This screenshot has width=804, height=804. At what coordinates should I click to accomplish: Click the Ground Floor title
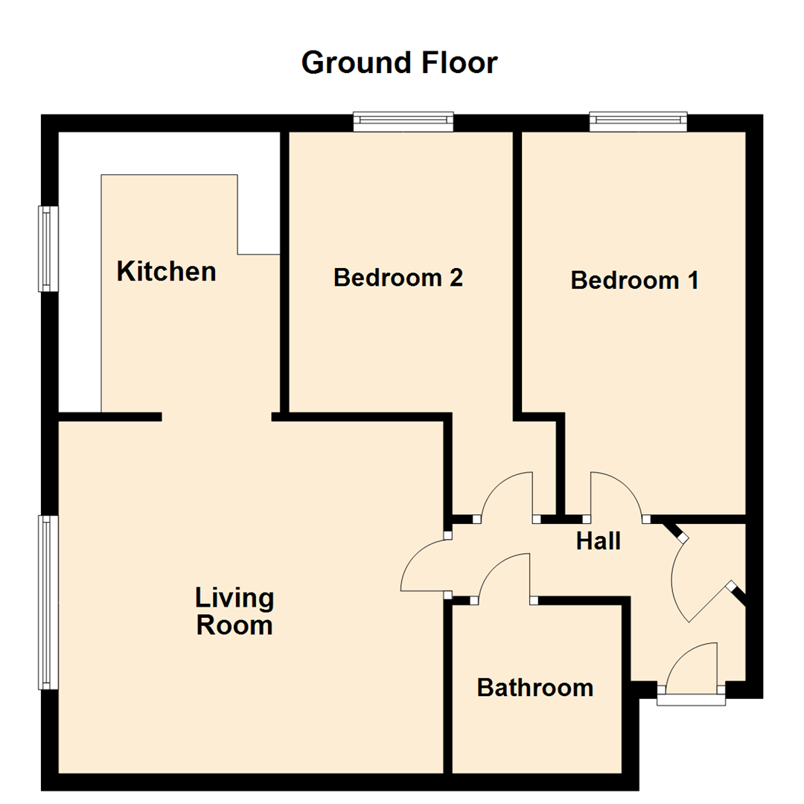399,63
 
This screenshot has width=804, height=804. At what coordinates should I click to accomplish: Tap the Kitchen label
167,272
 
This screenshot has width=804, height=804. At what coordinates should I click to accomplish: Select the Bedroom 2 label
398,278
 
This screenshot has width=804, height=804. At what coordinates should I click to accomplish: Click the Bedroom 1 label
634,281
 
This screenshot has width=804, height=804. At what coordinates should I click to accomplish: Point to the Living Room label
234,611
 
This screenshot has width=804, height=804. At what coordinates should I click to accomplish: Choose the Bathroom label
535,687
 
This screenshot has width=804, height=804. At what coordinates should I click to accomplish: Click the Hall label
599,541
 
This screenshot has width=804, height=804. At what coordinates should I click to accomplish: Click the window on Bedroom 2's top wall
403,121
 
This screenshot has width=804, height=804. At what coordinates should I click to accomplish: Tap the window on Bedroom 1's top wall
638,121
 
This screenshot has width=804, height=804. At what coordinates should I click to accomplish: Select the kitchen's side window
48,248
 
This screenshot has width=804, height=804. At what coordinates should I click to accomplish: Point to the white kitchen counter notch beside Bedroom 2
258,214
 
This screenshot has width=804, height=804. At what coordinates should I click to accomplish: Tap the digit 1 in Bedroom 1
692,281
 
